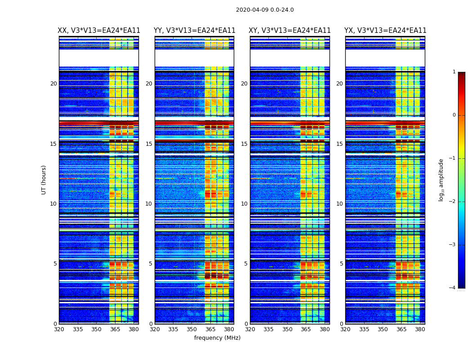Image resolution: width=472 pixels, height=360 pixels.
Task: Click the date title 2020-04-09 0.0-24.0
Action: (265, 10)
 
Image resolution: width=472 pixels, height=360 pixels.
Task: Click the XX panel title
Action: (99, 31)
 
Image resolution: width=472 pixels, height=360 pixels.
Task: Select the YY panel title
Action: (194, 31)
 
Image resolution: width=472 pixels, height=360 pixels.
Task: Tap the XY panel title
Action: (290, 31)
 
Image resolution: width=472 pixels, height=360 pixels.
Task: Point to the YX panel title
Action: (385, 31)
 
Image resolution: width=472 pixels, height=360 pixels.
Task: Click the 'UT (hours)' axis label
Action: (44, 180)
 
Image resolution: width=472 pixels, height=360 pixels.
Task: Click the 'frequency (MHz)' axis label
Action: (217, 338)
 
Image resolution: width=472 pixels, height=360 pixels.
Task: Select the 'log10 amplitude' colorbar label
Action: (441, 180)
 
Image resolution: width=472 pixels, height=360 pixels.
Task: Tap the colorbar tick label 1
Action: (454, 72)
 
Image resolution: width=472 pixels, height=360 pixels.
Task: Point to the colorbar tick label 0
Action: (454, 115)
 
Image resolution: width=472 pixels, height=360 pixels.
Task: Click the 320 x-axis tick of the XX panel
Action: (59, 329)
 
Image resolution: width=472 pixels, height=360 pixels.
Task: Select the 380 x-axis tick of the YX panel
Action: (420, 329)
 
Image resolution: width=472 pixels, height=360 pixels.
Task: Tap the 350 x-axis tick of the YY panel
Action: (192, 329)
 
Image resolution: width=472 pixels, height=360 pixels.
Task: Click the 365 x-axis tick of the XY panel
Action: (306, 329)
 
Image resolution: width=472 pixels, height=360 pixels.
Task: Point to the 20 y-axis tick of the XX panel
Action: (53, 84)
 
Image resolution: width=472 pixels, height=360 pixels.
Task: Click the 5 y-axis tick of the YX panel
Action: (341, 264)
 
